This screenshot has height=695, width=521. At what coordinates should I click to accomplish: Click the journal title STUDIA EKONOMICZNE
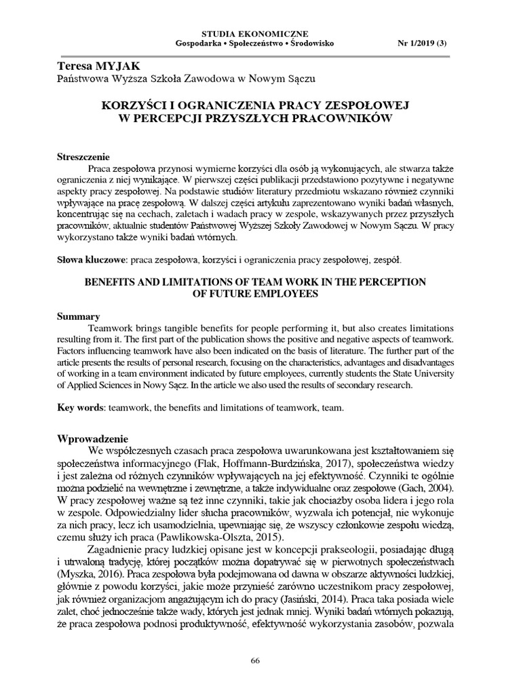point(260,33)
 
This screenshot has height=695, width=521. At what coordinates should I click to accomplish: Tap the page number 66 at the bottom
point(256,661)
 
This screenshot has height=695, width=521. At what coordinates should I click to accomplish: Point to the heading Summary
point(78,316)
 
